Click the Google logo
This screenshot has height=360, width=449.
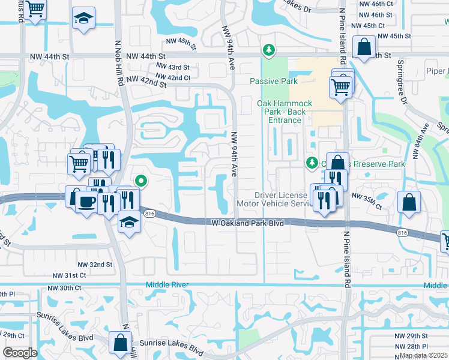click(x=20, y=353)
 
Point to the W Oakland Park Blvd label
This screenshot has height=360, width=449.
click(x=248, y=223)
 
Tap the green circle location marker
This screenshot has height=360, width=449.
click(x=141, y=179)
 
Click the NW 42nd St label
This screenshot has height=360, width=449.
click(x=146, y=82)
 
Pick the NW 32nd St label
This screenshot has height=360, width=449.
click(x=95, y=264)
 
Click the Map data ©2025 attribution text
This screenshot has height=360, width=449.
click(x=424, y=355)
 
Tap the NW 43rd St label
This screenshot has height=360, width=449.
click(x=172, y=67)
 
